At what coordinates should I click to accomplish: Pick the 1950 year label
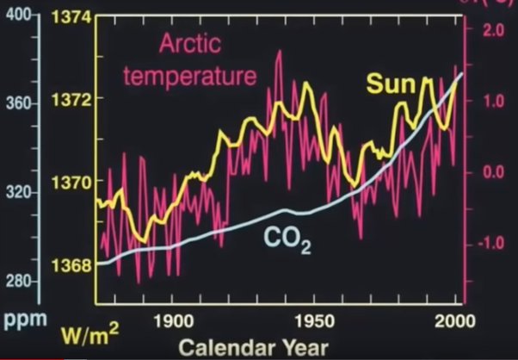tap(318, 320)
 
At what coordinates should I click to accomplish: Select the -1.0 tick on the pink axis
tap(491, 243)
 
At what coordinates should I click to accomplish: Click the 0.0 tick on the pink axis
tap(494, 171)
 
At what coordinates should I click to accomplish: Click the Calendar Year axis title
tap(254, 347)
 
